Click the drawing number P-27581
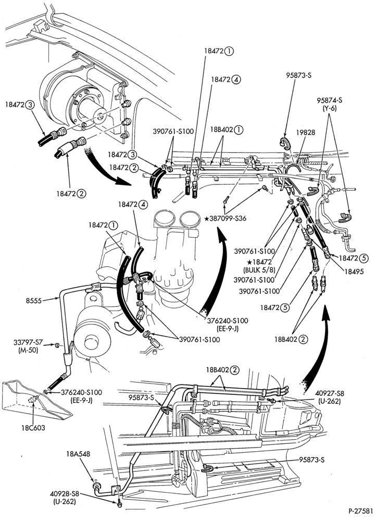(360, 510)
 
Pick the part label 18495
(355, 271)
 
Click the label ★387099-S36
(225, 219)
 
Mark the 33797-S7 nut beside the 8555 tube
(57, 346)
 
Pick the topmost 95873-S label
(298, 75)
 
